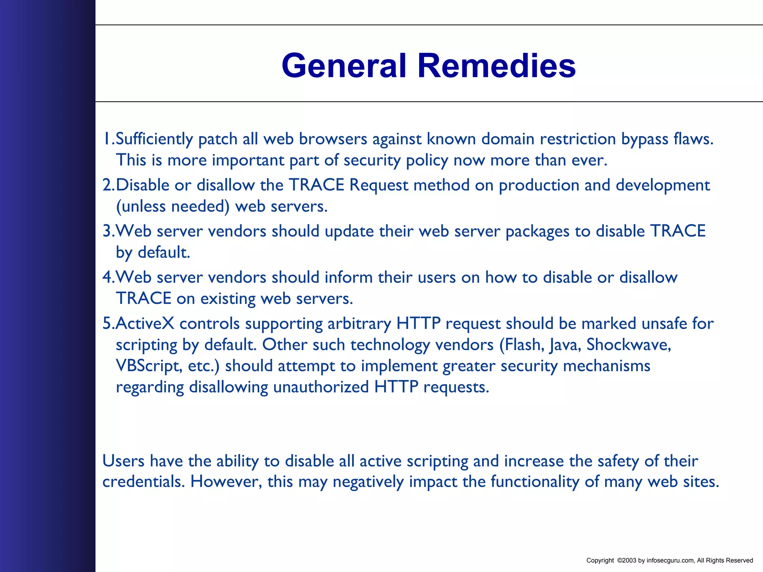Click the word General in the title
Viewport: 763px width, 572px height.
pyautogui.click(x=343, y=66)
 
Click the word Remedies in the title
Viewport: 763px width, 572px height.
pyautogui.click(x=496, y=66)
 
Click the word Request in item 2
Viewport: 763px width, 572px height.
pyautogui.click(x=379, y=185)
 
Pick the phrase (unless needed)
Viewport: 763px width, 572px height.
pyautogui.click(x=172, y=206)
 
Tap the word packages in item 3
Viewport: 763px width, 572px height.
pyautogui.click(x=537, y=231)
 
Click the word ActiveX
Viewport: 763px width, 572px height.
pyautogui.click(x=145, y=324)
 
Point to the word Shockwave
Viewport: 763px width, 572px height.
pyautogui.click(x=629, y=345)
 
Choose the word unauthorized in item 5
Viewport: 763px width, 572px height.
pyautogui.click(x=321, y=387)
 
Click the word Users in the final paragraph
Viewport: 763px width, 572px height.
pyautogui.click(x=123, y=461)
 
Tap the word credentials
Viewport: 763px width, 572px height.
pyautogui.click(x=143, y=482)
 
